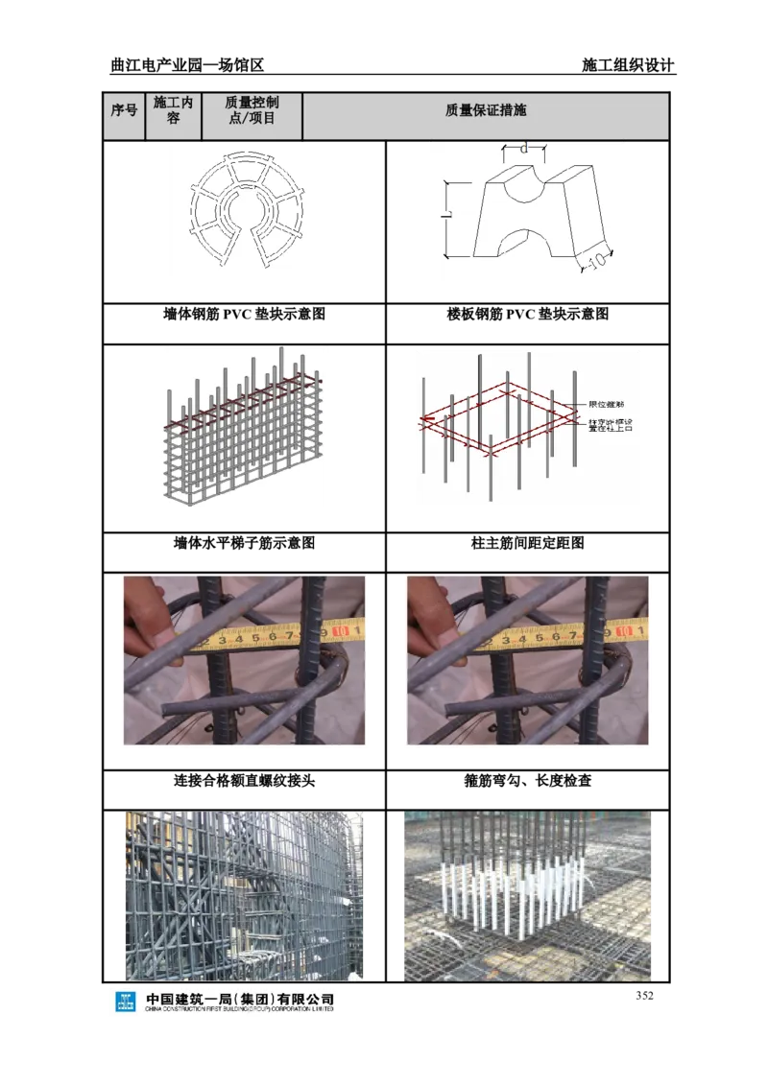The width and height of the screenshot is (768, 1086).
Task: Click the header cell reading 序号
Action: [x=124, y=110]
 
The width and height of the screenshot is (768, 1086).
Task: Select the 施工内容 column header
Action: [x=174, y=110]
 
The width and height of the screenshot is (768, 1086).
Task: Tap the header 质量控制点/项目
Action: [x=252, y=110]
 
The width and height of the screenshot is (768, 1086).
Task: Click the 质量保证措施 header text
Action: [x=486, y=110]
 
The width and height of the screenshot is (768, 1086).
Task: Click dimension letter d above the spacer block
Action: [x=523, y=149]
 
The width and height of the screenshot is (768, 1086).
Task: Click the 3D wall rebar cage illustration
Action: [x=242, y=429]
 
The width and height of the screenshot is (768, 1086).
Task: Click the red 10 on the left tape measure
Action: [x=340, y=633]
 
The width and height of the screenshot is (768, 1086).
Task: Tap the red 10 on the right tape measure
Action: [x=624, y=633]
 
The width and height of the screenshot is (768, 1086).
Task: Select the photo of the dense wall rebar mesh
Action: [x=244, y=895]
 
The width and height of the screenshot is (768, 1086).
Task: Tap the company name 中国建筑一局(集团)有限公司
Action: [x=240, y=999]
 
